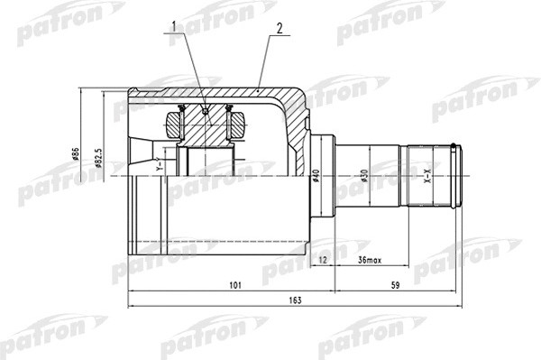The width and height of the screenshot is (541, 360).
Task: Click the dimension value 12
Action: click(324, 260)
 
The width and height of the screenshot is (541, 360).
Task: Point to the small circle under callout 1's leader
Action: click(206, 112)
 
